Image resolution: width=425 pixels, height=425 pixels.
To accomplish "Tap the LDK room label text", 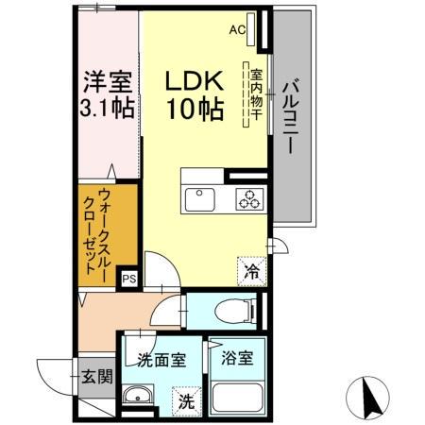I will [x=195, y=78].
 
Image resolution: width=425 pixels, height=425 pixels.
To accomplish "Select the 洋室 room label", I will [x=104, y=78].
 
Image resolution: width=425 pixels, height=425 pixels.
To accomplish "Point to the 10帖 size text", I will [x=195, y=110].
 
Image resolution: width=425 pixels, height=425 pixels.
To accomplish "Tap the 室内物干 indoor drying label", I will [x=252, y=93].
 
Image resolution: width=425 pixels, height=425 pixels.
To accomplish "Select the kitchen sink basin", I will [x=201, y=199].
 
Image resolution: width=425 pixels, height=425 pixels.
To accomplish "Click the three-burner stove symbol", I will [x=248, y=199].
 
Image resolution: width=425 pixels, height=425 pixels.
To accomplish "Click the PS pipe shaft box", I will [x=127, y=279].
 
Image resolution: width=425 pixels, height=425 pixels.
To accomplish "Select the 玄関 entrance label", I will [x=95, y=376].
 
